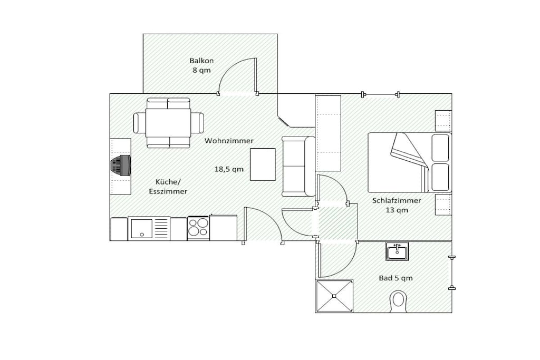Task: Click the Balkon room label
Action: pos(201,61)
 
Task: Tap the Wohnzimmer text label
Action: pos(229,141)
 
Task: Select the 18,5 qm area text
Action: pos(229,169)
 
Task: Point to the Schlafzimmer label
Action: pos(397,201)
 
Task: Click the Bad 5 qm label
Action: pos(396,278)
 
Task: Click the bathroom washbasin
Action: pos(397,251)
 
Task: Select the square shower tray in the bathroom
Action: pos(334,296)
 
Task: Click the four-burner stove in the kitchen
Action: pos(198,228)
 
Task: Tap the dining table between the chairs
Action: pos(168,123)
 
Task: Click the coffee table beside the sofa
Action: pos(263,164)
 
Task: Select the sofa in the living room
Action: pos(298,167)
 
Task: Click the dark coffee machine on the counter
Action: pos(121,164)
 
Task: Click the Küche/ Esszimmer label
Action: pos(168,187)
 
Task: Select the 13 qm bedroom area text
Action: pos(397,210)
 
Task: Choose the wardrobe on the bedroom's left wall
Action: pos(328,133)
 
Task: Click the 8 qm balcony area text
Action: pos(201,70)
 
